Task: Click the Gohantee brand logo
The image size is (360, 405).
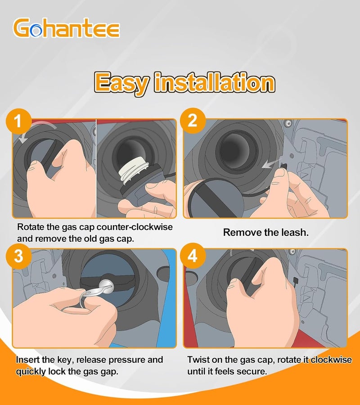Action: click(66, 27)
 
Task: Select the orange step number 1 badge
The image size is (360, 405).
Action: click(18, 121)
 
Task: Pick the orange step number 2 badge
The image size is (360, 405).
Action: click(193, 121)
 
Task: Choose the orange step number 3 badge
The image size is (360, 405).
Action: click(19, 256)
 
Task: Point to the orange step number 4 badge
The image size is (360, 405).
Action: click(193, 256)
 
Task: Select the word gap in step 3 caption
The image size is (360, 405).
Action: click(109, 372)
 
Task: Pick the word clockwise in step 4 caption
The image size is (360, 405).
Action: click(331, 360)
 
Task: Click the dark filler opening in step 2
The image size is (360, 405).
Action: click(234, 149)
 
